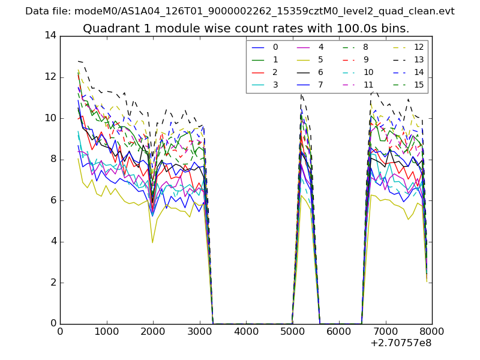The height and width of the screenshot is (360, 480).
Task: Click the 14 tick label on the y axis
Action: (50, 35)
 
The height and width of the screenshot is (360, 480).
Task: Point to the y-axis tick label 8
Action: (53, 159)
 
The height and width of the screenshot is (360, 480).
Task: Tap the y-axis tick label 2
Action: (53, 283)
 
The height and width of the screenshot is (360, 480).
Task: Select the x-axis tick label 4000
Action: (246, 331)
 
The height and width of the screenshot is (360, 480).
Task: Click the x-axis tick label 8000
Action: (432, 331)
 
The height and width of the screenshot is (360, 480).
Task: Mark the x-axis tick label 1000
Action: (106, 331)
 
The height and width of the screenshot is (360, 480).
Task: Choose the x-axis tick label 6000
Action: (339, 331)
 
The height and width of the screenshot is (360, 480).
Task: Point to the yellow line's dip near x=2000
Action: (152, 242)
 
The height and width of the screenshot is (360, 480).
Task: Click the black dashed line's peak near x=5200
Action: (301, 94)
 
